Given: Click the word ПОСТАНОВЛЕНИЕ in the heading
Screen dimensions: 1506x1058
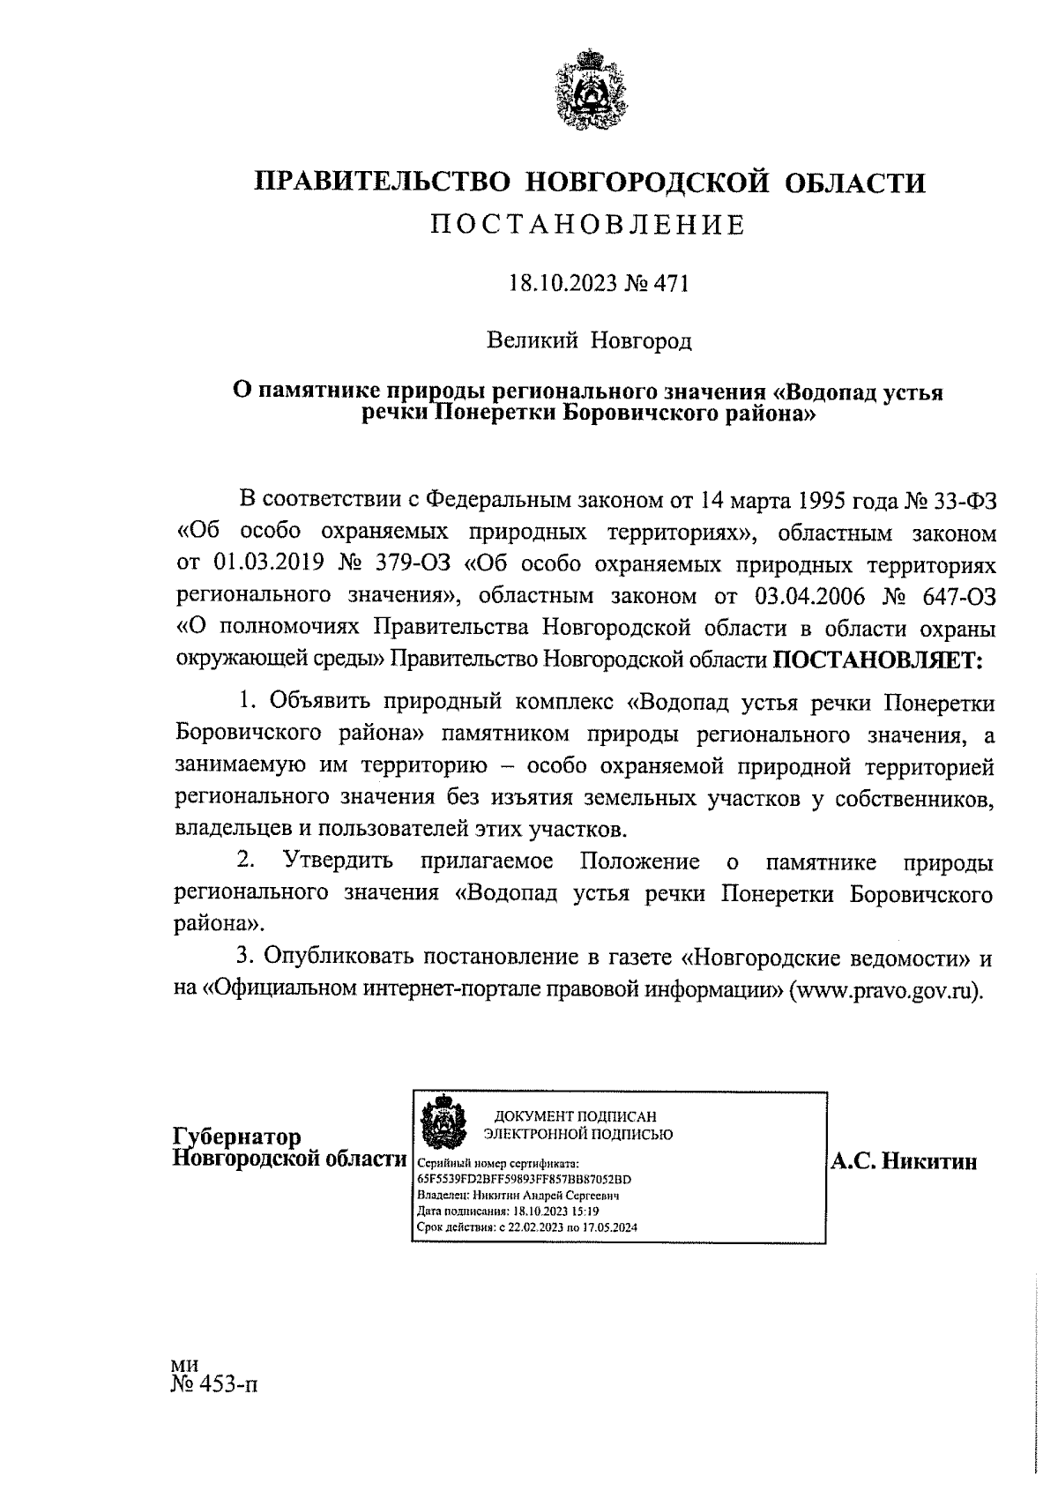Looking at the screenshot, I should tap(589, 226).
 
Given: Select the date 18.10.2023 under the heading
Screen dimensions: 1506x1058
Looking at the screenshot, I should tap(553, 284).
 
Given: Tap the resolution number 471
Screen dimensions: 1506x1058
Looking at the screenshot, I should tap(669, 284).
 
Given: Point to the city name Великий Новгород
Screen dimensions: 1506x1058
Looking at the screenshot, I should tap(590, 340).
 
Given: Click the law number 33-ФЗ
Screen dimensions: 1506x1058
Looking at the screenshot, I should tap(964, 500).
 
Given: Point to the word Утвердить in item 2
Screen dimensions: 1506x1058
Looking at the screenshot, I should tap(338, 861).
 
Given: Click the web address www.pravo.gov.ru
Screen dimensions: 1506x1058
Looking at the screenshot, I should tap(884, 988).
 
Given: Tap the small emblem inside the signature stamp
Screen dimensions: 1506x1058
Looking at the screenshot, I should tap(436, 1122).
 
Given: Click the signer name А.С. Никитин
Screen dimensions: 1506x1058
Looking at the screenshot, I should tap(904, 1162).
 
